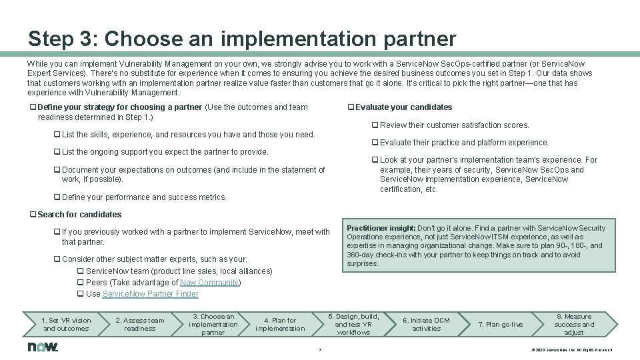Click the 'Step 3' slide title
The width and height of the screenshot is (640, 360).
(242, 38)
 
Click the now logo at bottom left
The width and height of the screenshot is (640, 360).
(43, 347)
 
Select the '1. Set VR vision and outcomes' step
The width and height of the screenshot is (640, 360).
(66, 325)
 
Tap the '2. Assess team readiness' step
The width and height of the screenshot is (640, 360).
(139, 325)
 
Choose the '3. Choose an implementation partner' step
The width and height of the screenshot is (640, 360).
(213, 325)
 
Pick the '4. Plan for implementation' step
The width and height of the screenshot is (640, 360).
(280, 325)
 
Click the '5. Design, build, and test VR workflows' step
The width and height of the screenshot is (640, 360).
(353, 325)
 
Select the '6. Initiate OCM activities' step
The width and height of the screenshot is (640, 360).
(427, 325)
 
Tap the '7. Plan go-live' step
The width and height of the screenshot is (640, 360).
(501, 325)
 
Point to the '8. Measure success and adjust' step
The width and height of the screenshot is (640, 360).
(573, 325)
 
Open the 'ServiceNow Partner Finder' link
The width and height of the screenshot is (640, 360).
(151, 294)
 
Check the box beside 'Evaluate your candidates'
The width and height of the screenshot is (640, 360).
(351, 107)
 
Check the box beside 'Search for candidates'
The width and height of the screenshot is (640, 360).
(33, 215)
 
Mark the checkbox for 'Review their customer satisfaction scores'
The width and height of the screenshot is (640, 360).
(375, 125)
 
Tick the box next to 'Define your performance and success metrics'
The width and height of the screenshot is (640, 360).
(57, 197)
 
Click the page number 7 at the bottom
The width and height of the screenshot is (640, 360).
(320, 349)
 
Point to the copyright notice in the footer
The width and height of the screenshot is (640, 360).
(571, 350)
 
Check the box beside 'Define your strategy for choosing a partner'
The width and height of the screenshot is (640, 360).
(33, 107)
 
